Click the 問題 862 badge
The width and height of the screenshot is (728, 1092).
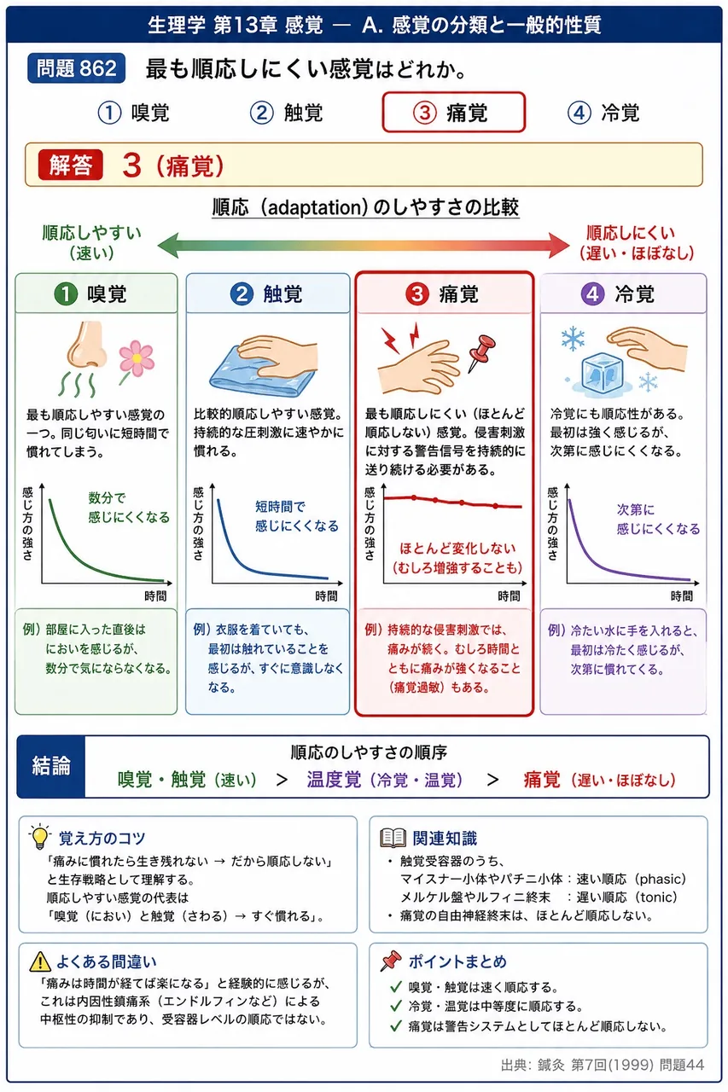tap(76, 68)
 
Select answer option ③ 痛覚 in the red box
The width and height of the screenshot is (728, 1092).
tap(453, 112)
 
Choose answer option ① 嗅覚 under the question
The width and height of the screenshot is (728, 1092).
tap(134, 113)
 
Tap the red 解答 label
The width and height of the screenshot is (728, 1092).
tap(71, 165)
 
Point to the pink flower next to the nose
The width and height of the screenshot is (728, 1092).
tap(137, 359)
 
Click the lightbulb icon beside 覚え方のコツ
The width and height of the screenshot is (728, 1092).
tap(40, 837)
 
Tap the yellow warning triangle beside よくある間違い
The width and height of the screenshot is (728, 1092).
tap(40, 961)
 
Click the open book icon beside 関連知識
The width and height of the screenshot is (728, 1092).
tap(393, 838)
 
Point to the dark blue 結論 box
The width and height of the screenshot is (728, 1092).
tap(51, 766)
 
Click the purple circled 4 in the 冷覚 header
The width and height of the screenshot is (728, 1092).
tap(592, 294)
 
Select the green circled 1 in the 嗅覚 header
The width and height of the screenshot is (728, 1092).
tap(66, 294)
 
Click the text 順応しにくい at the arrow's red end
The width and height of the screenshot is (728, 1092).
tap(631, 233)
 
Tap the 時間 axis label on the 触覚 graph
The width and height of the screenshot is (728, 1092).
tap(326, 595)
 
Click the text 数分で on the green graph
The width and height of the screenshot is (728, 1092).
tap(107, 497)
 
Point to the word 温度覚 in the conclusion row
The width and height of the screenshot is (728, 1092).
tap(334, 780)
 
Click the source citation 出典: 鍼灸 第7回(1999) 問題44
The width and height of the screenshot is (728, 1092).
tap(603, 1065)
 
